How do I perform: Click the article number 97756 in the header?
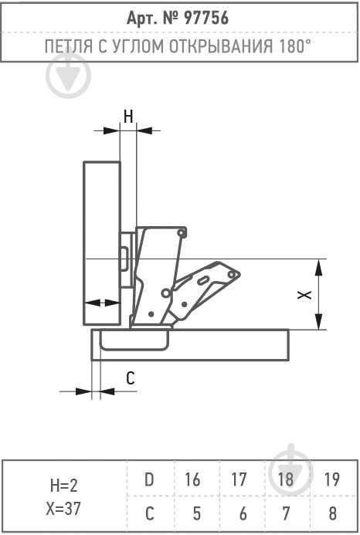point(206,18)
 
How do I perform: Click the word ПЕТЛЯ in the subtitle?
point(69,47)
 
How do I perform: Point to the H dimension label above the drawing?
point(128,117)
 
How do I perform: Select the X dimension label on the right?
point(304,295)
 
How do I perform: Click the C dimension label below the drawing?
point(131,378)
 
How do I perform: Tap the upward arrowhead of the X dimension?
point(318,267)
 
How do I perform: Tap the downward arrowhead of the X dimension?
point(318,321)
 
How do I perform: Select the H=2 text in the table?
point(63,485)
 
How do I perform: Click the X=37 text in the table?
point(63,509)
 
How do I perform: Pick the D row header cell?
point(149,479)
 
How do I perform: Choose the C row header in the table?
point(150,513)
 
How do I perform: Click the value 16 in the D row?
point(192,479)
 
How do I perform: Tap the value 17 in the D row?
point(239,479)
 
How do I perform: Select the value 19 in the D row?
point(331,479)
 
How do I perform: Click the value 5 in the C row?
point(196,513)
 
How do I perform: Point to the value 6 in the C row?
point(243,513)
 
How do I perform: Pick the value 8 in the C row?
point(333,513)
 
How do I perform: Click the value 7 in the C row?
point(287,513)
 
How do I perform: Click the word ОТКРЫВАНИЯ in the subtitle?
point(221,46)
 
